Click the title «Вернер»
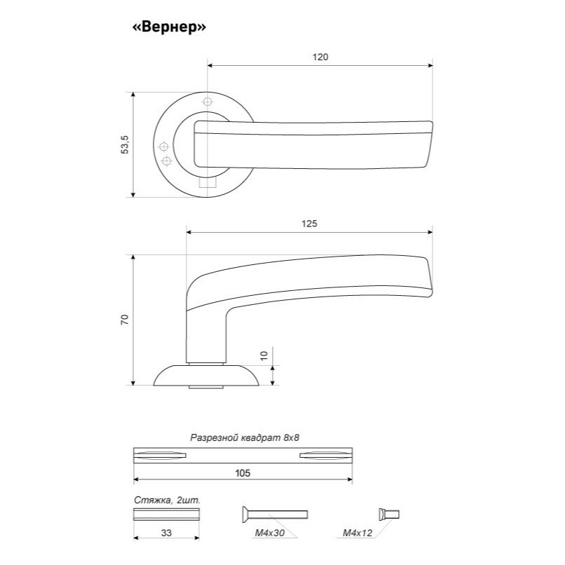click(x=170, y=27)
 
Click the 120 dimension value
click(x=320, y=57)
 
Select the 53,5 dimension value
click(x=125, y=144)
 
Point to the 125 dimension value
click(x=309, y=224)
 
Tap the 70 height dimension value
click(x=124, y=320)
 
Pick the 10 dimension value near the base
click(x=264, y=355)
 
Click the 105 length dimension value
click(x=243, y=473)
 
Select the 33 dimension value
click(x=166, y=533)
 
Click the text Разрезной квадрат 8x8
click(x=245, y=438)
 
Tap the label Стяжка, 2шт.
click(x=167, y=500)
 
